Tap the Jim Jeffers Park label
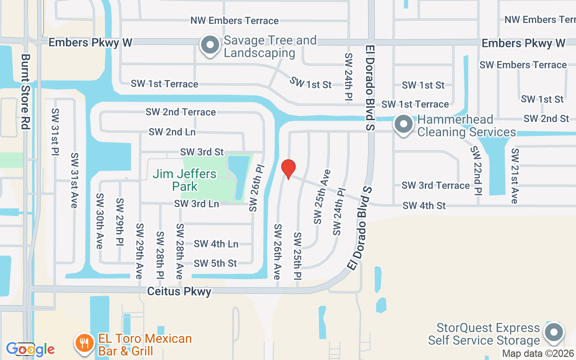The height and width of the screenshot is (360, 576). (x=184, y=180)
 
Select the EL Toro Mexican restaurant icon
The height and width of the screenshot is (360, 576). (x=84, y=344)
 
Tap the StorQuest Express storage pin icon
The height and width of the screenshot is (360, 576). (x=554, y=333)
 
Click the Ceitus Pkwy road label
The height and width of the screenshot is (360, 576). (x=179, y=292)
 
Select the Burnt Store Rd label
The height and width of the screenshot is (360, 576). (x=25, y=92)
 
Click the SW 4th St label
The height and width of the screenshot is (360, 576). (x=424, y=206)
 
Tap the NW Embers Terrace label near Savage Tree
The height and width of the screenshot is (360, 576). (x=234, y=21)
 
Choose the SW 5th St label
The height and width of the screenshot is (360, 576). (x=215, y=263)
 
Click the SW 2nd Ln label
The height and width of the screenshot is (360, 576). (x=172, y=132)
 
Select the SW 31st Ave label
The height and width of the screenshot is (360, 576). (x=74, y=180)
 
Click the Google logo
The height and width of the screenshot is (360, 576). (x=30, y=349)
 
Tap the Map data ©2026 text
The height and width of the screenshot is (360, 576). (x=538, y=354)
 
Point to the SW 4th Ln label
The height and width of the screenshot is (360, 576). (x=216, y=244)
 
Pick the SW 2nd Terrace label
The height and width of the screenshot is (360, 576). (x=180, y=112)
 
